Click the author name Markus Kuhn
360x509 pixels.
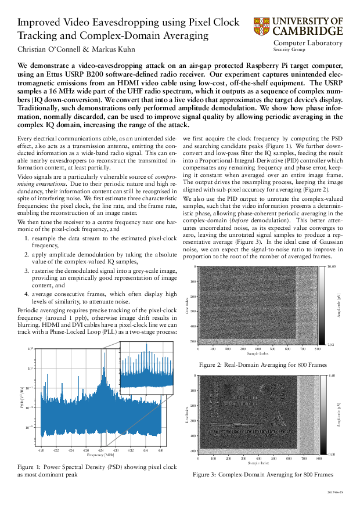pos(114,49)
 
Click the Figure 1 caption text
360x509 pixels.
pos(96,470)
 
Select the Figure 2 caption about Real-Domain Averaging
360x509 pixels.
pos(262,365)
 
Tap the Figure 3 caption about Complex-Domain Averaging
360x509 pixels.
pos(262,474)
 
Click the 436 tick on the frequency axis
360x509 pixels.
pos(160,450)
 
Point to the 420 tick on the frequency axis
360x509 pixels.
pos(41,450)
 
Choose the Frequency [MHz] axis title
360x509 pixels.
pos(100,456)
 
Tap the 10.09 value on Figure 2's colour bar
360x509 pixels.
pos(332,266)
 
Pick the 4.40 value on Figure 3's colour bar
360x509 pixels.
pos(333,376)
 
